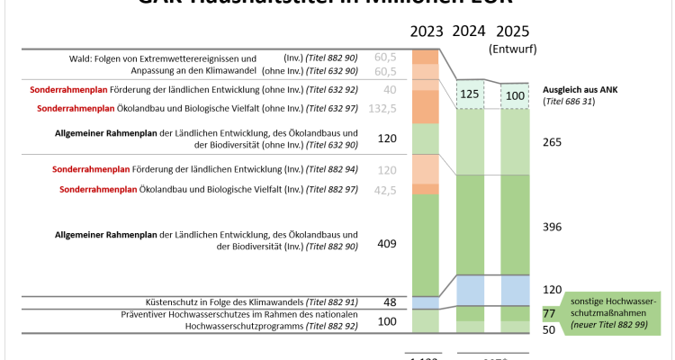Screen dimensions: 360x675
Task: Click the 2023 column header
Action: tap(427, 31)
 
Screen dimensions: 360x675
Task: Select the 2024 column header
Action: tap(469, 31)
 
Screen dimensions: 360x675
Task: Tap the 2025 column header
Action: tap(513, 31)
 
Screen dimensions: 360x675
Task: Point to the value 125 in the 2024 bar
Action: tap(469, 94)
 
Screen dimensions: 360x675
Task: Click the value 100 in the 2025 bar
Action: tap(513, 94)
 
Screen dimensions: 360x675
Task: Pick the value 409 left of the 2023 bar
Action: tap(387, 243)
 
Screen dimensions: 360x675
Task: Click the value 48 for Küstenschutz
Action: tap(390, 302)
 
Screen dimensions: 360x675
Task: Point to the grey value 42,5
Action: tap(384, 190)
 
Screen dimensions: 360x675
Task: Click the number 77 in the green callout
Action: tap(547, 314)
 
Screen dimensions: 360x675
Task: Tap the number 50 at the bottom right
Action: tap(547, 330)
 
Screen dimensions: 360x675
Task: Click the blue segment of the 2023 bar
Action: tap(426, 302)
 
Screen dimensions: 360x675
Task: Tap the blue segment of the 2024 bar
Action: tap(469, 290)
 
